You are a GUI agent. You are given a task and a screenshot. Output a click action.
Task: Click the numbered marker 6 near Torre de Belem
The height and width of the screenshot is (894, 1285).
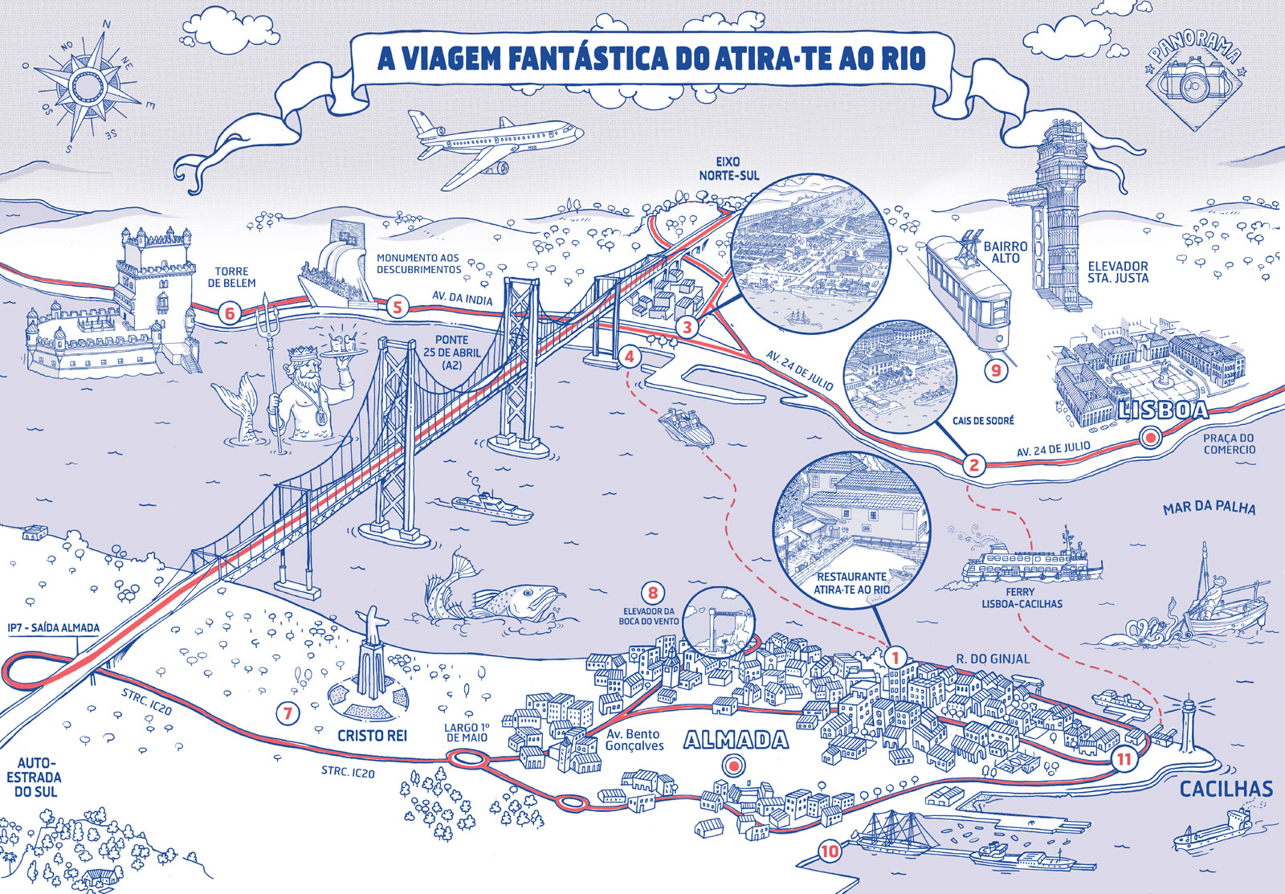point(230,312)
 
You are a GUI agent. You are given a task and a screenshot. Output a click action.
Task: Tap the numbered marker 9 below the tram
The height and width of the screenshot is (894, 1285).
point(996,370)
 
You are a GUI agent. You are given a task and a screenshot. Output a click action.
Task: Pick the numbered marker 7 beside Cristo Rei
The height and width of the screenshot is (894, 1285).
point(287,712)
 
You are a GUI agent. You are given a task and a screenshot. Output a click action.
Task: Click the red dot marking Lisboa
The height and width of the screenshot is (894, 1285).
point(1149,438)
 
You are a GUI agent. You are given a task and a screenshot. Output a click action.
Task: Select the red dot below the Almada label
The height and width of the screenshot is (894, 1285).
point(732,765)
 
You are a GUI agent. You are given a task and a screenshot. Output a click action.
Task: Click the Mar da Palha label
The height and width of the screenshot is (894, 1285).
point(1209,508)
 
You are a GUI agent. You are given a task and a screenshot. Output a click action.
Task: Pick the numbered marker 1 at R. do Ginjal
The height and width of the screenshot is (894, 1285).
point(895,656)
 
